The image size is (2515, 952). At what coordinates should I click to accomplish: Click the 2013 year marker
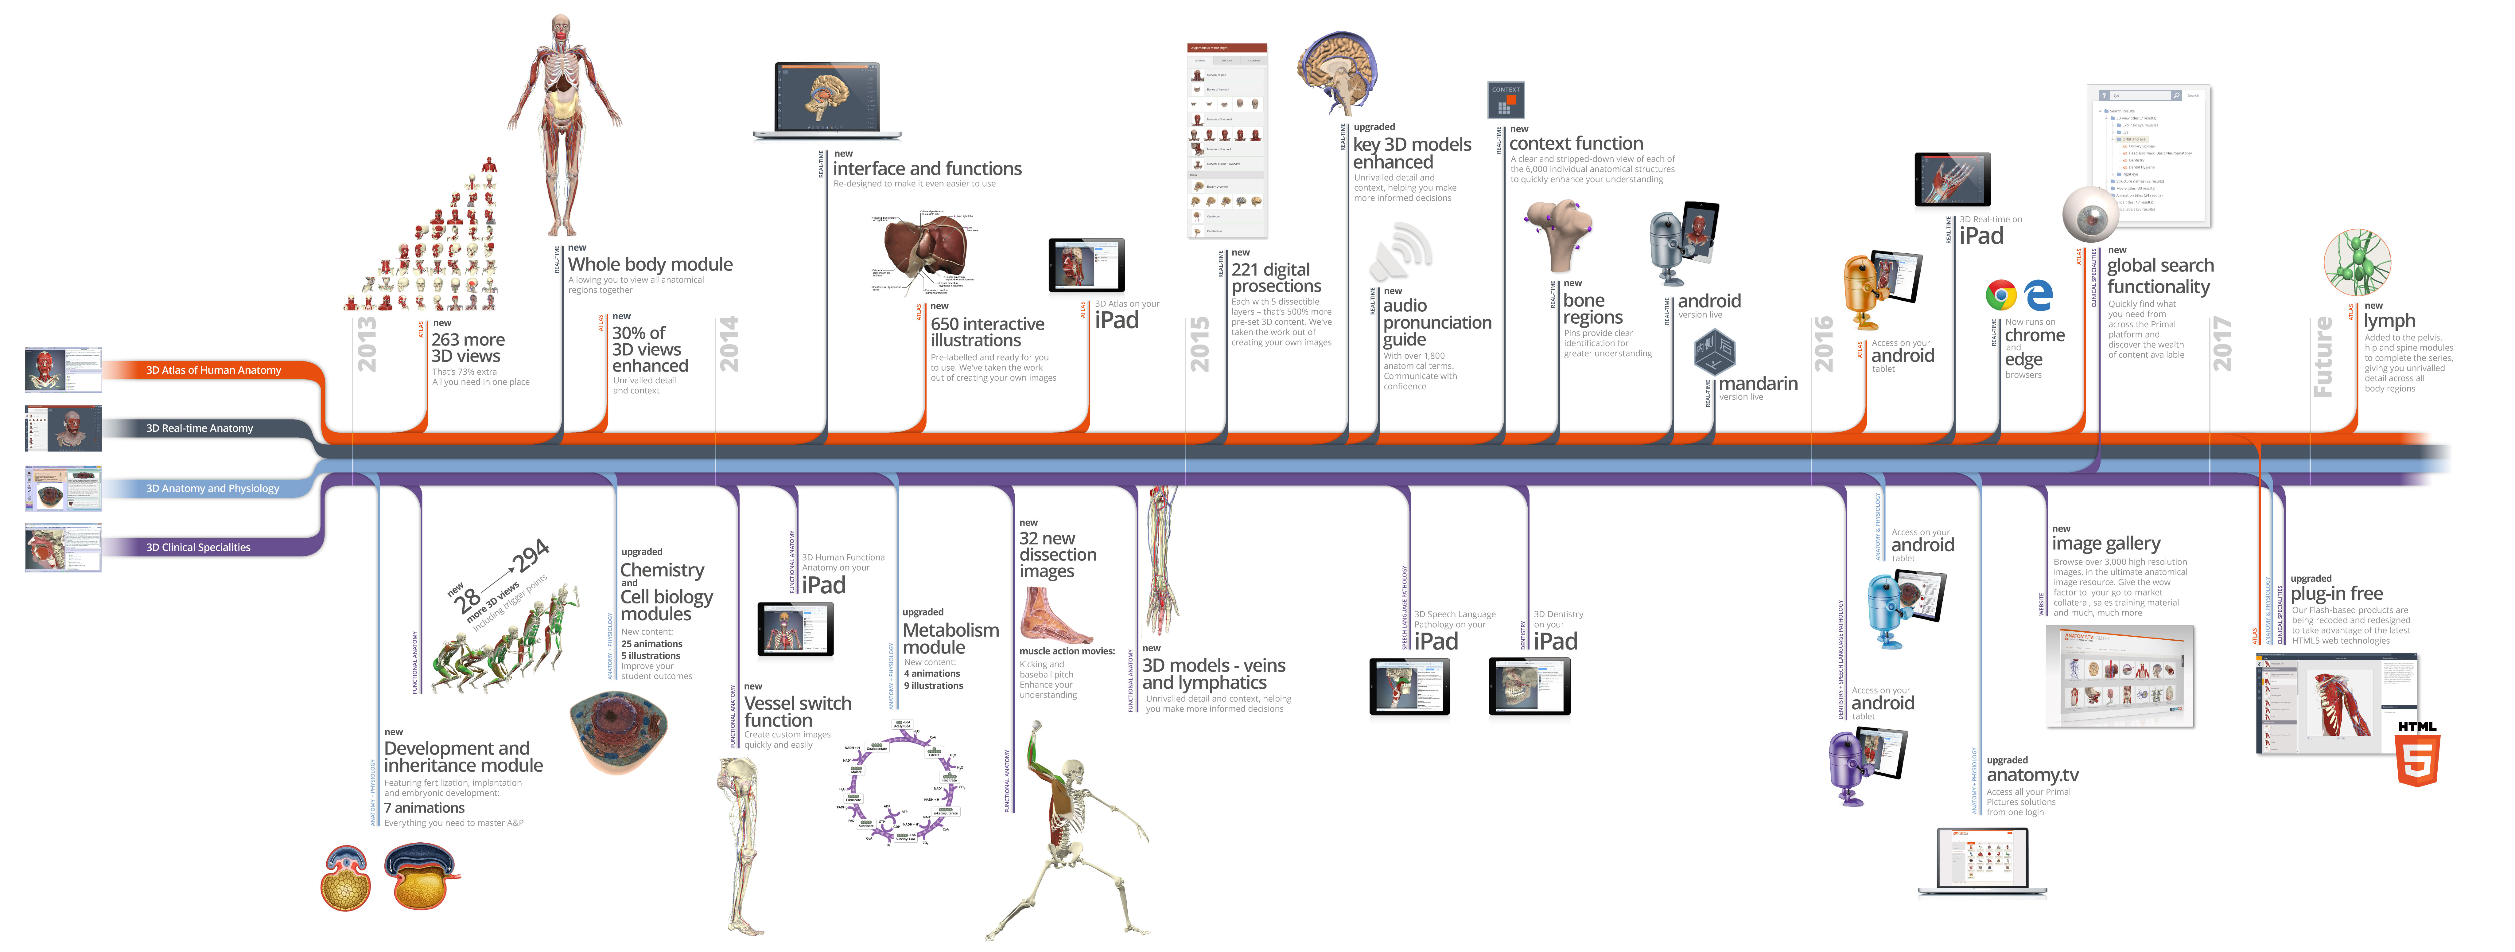[366, 344]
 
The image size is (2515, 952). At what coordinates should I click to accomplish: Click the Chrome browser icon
[2000, 295]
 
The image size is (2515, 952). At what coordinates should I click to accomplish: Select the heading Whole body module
[650, 265]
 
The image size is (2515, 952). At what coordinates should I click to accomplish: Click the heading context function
[1576, 143]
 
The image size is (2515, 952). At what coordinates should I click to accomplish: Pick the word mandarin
[1757, 384]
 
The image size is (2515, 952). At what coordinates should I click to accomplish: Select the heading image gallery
[2106, 544]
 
